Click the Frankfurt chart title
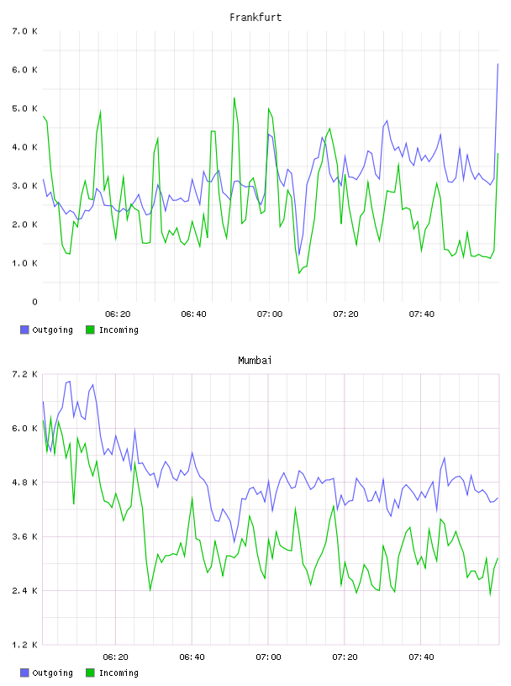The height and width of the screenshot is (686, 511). (255, 18)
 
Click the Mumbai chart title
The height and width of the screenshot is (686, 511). (255, 361)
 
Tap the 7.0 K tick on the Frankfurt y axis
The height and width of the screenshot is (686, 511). (24, 31)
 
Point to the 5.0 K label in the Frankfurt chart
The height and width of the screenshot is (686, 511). (24, 108)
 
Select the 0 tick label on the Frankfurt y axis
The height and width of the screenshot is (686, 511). (34, 302)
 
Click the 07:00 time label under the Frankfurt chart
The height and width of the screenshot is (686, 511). (270, 314)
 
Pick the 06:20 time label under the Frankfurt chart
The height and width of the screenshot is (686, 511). (118, 314)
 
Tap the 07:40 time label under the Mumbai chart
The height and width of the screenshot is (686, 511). (421, 657)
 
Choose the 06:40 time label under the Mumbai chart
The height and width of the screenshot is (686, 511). (192, 657)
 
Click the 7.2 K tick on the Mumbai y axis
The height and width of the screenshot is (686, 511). (24, 374)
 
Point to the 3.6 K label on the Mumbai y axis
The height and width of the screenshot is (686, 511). (24, 537)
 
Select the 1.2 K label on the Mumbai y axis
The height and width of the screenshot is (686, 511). (24, 645)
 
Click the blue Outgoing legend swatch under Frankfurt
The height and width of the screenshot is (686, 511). (24, 330)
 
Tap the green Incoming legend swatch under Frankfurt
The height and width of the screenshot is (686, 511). (90, 330)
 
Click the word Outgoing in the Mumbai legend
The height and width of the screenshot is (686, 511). (52, 673)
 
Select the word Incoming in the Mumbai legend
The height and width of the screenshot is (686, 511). (119, 673)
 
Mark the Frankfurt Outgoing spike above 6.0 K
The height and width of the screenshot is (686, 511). (498, 64)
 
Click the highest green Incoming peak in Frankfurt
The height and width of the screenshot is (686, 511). (234, 98)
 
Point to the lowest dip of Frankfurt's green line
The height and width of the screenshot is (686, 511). (299, 273)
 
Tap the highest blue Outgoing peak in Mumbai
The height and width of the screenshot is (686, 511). (69, 382)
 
